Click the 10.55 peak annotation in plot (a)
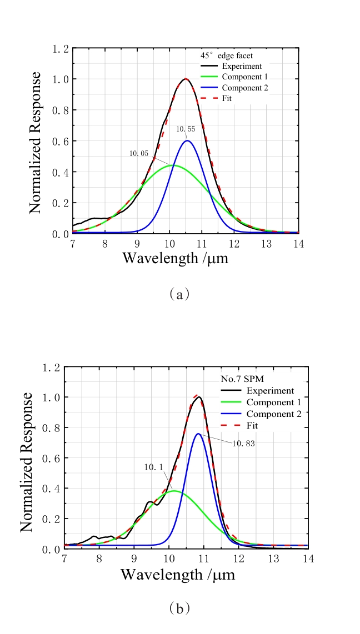coord(186,129)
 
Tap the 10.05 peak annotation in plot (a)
coord(139,154)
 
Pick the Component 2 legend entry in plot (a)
coord(244,88)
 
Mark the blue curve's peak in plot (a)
coord(188,140)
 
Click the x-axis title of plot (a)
coord(175,258)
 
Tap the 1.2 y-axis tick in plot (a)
coord(61,49)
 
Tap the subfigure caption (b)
coord(179,608)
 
